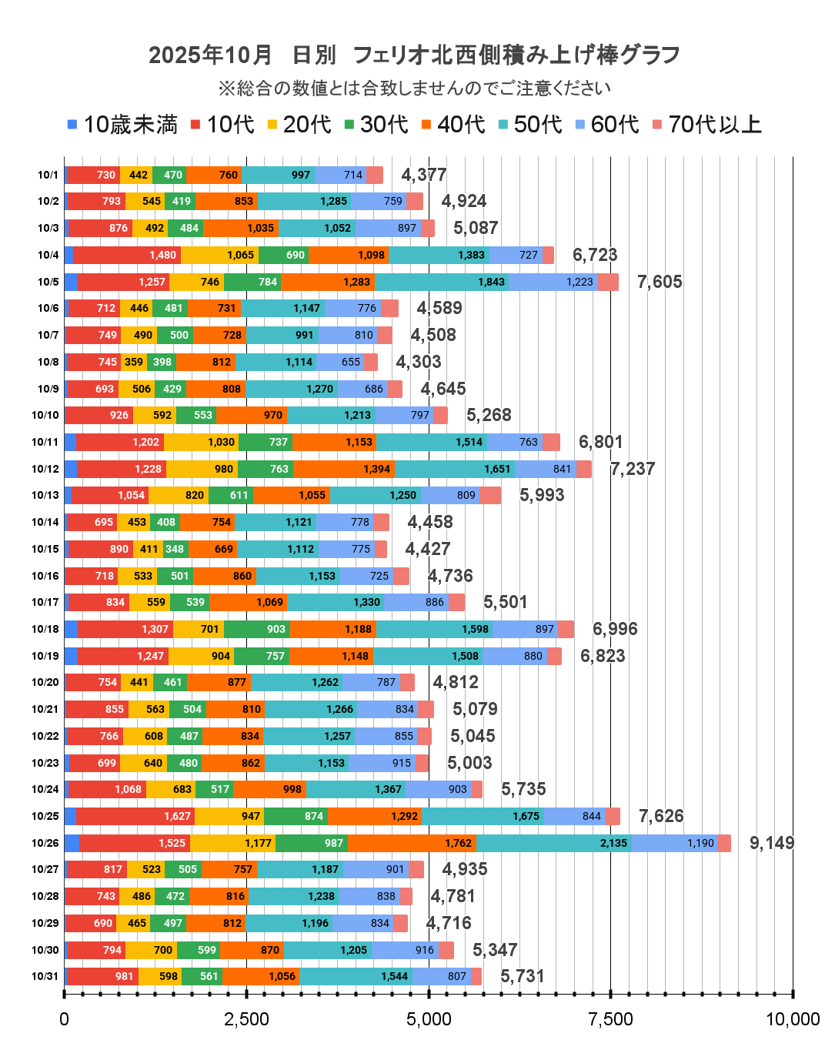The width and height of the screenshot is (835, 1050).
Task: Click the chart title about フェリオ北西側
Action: pyautogui.click(x=414, y=55)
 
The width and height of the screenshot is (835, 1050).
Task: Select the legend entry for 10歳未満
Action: pyautogui.click(x=123, y=125)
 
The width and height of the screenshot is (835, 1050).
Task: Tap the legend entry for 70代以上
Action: pyautogui.click(x=706, y=125)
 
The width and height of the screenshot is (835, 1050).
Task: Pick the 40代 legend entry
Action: pyautogui.click(x=453, y=125)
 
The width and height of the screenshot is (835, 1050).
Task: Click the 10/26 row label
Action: pyautogui.click(x=45, y=843)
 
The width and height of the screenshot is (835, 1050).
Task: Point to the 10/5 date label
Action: pyautogui.click(x=48, y=282)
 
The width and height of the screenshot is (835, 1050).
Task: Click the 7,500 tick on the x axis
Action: pyautogui.click(x=610, y=1020)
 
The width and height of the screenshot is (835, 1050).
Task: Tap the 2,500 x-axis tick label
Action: pyautogui.click(x=246, y=1020)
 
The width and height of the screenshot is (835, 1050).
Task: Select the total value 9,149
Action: pyautogui.click(x=772, y=843)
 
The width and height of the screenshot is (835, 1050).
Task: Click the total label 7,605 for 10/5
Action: pyautogui.click(x=660, y=282)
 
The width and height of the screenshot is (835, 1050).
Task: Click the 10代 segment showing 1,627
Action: pyautogui.click(x=135, y=816)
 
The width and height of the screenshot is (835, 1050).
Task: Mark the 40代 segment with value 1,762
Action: pyautogui.click(x=412, y=843)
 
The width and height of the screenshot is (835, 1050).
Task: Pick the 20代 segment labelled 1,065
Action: pyautogui.click(x=219, y=255)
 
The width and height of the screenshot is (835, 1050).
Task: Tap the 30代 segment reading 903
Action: pyautogui.click(x=257, y=629)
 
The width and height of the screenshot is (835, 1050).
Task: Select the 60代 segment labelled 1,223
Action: pyautogui.click(x=553, y=282)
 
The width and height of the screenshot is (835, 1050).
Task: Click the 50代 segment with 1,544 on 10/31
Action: pyautogui.click(x=356, y=976)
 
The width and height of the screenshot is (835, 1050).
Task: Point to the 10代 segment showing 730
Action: pyautogui.click(x=94, y=175)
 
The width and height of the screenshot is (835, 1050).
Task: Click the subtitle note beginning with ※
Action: pyautogui.click(x=414, y=89)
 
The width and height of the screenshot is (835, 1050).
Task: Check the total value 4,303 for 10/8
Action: pyautogui.click(x=419, y=362)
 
